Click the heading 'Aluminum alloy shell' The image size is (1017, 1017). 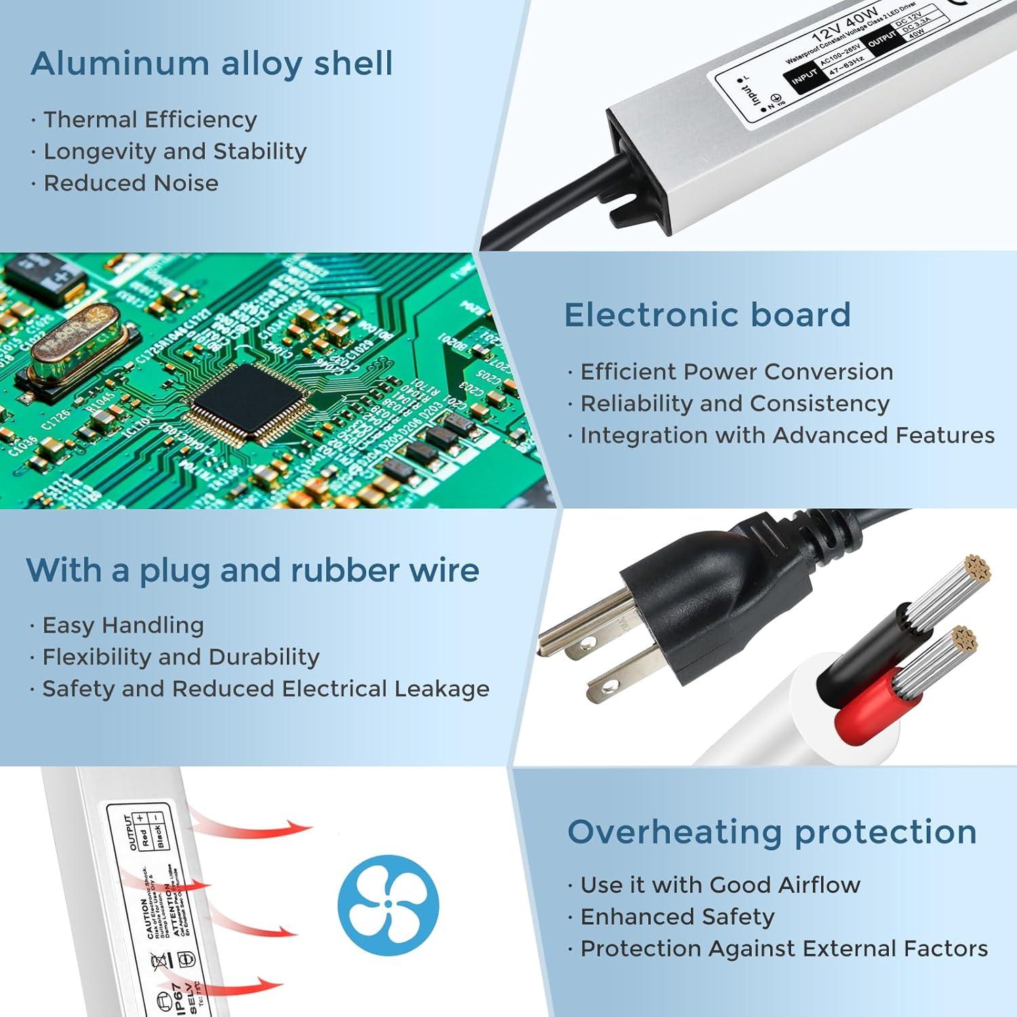212,64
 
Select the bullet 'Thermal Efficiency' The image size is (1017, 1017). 150,119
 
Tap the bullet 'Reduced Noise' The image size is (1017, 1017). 131,183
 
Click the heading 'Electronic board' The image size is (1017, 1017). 707,315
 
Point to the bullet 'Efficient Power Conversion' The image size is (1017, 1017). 736,372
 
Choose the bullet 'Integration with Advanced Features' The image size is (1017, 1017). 787,435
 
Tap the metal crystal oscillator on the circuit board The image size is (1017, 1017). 75,342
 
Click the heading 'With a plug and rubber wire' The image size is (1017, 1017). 252,570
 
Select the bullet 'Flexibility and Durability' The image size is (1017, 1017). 180,657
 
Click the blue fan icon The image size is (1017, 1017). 388,904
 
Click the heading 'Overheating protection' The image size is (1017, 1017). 772,832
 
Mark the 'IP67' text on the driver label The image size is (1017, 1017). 176,998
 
